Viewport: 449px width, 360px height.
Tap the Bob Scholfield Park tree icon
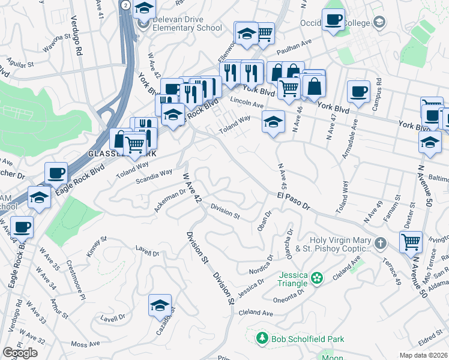click(262, 340)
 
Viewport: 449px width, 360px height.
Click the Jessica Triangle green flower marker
click(318, 278)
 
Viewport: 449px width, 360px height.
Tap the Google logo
click(20, 352)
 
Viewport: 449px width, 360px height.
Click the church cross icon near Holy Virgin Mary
click(379, 243)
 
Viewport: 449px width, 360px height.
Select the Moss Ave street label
click(85, 344)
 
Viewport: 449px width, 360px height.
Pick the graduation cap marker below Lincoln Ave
click(273, 122)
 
